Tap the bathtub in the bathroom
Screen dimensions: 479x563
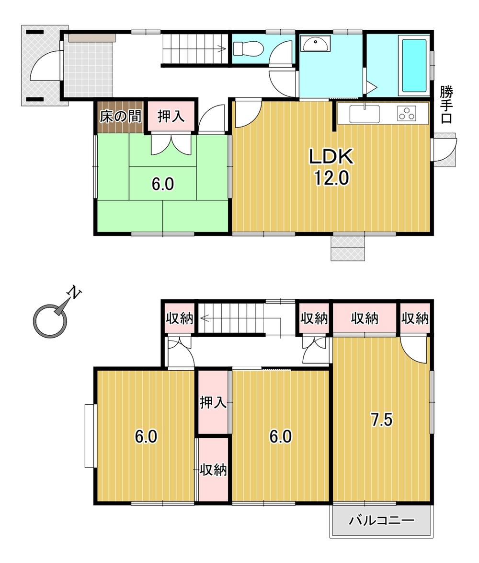click(414, 66)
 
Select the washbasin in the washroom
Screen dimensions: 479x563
click(315, 44)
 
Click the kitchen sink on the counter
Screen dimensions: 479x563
click(364, 114)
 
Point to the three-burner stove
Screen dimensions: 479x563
click(407, 114)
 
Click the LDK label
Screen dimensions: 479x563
click(331, 156)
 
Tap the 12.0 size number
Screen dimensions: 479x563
click(331, 177)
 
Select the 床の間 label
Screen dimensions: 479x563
click(120, 117)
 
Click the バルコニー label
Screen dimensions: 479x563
click(381, 520)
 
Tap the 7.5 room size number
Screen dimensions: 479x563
click(381, 420)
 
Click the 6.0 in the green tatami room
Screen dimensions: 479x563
click(163, 184)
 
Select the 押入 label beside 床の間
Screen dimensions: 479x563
click(171, 117)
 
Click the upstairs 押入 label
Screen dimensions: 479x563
click(213, 402)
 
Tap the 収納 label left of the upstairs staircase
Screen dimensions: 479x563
click(179, 318)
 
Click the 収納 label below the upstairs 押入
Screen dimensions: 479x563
click(213, 469)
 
